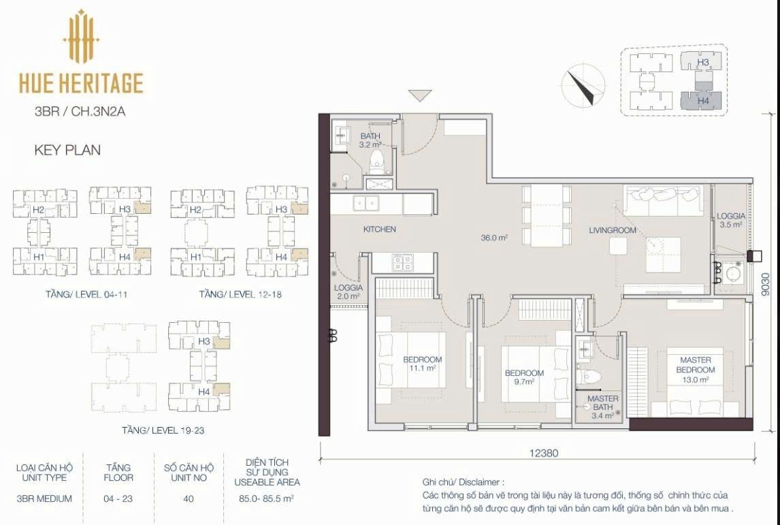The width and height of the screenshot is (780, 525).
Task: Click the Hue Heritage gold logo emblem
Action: point(82,36)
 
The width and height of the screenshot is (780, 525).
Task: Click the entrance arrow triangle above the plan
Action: point(420,95)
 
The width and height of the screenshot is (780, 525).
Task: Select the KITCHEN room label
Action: point(380,229)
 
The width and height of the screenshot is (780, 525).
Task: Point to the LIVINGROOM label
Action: point(613,230)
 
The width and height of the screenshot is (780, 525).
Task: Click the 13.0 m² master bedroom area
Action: point(695,380)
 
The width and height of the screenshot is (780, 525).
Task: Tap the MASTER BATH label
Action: point(603,402)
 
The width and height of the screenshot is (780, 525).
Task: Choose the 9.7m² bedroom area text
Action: point(523,382)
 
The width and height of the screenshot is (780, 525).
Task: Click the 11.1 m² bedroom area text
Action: point(423,368)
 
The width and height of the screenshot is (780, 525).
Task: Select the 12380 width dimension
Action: point(543,453)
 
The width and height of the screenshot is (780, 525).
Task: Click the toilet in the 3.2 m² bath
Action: point(378,161)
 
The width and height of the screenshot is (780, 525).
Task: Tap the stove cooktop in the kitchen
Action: point(402,262)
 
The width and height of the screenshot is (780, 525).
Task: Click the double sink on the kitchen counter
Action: point(366,203)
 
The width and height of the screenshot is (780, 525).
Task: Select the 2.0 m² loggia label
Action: point(348,291)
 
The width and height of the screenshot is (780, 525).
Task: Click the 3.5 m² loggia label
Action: point(730,220)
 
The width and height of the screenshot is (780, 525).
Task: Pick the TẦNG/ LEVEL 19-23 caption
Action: point(163,430)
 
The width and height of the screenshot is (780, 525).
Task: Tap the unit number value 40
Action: point(189,498)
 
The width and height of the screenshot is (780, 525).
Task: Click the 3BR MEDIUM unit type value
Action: point(44,498)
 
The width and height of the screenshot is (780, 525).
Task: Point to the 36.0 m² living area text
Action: point(493,238)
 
